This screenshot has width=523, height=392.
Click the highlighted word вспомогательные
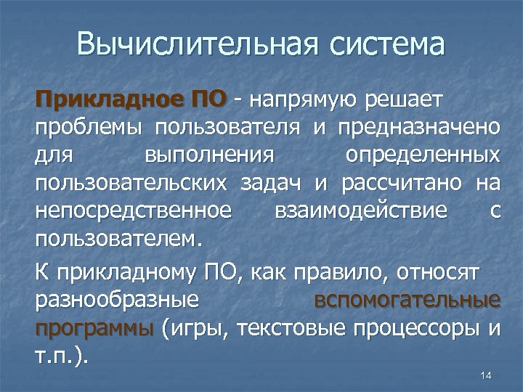pyautogui.click(x=417, y=300)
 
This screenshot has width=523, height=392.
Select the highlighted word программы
pyautogui.click(x=94, y=327)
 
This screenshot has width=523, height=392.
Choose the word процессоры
pyautogui.click(x=416, y=327)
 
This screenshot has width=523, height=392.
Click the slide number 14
pyautogui.click(x=486, y=375)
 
